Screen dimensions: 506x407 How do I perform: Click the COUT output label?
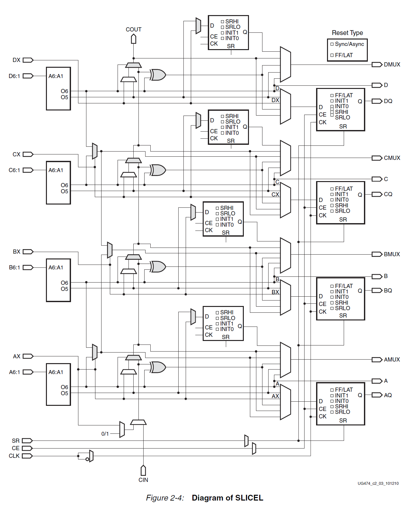coord(133,30)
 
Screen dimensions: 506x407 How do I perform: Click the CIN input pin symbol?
coord(143,470)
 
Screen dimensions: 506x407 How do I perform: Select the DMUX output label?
coord(392,65)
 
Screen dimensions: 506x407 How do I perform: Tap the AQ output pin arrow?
coord(377,395)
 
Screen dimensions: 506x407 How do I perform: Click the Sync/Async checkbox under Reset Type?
coord(332,44)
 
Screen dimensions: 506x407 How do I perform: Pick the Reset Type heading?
coord(347,33)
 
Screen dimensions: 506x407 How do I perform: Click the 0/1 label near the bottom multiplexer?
coord(105,434)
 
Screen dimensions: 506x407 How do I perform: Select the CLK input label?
coord(14,456)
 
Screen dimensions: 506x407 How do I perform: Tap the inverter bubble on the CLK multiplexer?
coord(87,459)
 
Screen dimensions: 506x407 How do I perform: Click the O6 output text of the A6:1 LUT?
coord(64,387)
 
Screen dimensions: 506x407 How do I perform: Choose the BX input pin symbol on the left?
coord(28,252)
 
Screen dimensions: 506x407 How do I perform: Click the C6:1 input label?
coord(14,170)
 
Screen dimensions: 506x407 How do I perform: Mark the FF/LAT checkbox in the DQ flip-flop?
coord(332,95)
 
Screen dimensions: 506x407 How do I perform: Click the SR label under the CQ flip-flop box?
coord(343,220)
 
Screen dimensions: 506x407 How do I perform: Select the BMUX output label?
coord(392,254)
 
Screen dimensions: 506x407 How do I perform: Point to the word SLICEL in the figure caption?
coord(249,498)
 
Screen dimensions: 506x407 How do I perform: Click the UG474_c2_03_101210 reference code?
coord(378,483)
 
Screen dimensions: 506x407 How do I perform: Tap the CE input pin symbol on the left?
coord(27,448)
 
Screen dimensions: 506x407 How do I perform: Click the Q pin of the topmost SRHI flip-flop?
coord(245,32)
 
